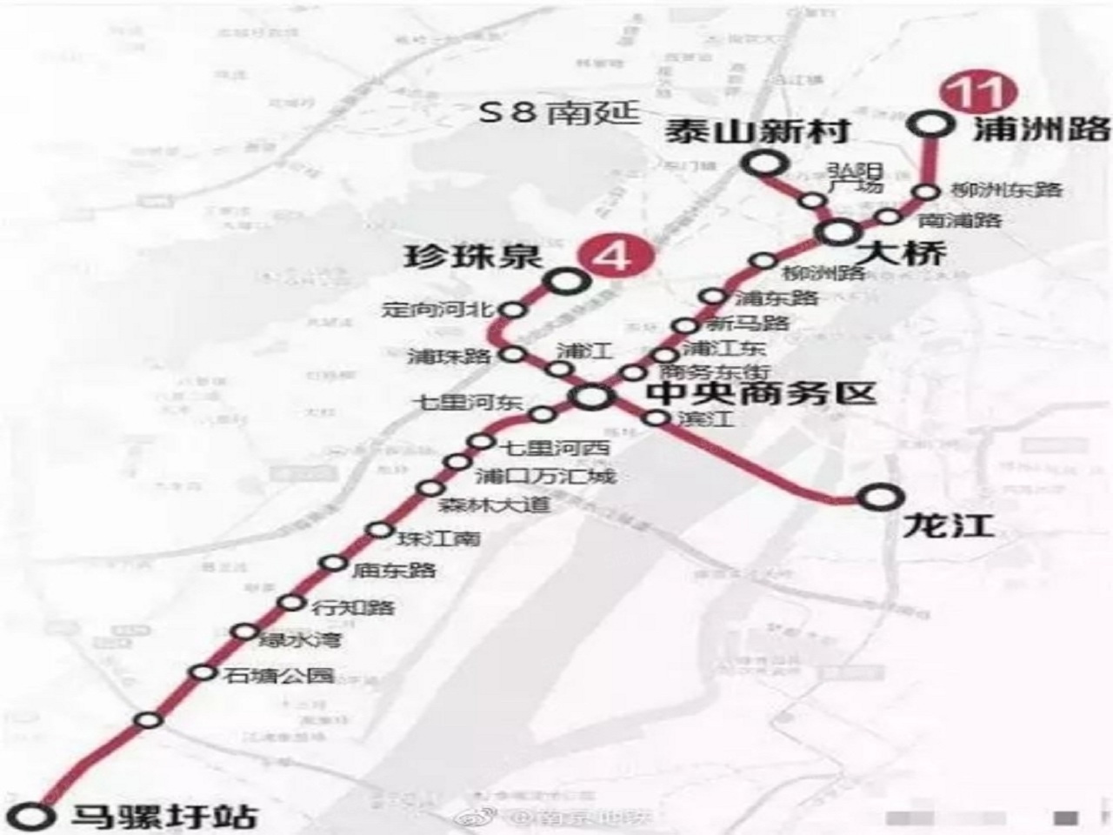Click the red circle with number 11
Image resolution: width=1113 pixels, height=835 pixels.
coord(969,94)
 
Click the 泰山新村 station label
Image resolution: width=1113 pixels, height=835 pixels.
coord(756,133)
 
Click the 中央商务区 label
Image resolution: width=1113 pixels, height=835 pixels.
coord(762,393)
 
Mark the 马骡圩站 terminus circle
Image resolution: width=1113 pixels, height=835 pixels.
coord(36,816)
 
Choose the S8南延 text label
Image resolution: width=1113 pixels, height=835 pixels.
coord(559,113)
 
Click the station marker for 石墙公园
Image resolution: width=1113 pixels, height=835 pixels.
coord(203,672)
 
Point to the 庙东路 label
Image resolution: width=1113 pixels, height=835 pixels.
coord(393,571)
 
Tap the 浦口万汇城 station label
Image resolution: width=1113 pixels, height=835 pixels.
coord(544,476)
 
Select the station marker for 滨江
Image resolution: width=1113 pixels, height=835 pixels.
coord(656,418)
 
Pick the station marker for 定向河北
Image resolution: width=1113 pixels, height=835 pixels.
coord(514,310)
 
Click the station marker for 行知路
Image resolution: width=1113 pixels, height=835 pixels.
coord(291,604)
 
